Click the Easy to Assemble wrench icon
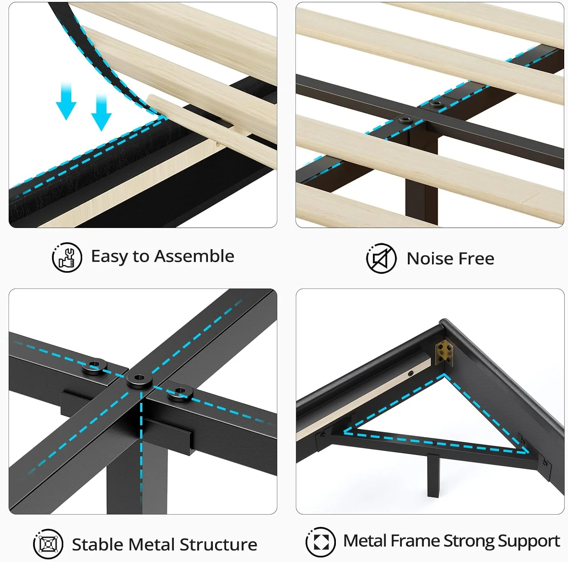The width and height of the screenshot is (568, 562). coord(67,258)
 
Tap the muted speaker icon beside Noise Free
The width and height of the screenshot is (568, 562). coord(381,259)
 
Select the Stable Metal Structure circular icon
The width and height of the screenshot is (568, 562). coord(48,544)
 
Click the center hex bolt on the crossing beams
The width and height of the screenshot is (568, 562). coord(139,378)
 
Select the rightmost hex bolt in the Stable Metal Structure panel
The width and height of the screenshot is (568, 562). coord(179,393)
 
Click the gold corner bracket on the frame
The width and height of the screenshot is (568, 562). coord(444,352)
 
